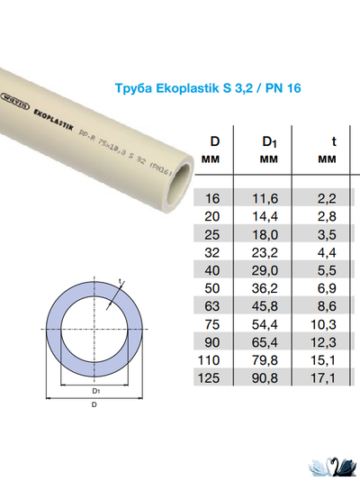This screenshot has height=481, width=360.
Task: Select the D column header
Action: point(215,141)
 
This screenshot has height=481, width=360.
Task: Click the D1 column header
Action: point(268,141)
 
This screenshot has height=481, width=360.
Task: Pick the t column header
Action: point(334,141)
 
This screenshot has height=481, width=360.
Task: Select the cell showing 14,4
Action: point(269,215)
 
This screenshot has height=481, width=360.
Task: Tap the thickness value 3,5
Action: point(334,233)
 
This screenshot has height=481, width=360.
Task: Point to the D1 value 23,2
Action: point(269,251)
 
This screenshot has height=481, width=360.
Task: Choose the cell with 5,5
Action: point(334,269)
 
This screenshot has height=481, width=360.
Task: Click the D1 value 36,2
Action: point(269,287)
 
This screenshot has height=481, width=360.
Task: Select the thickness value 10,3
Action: point(334,323)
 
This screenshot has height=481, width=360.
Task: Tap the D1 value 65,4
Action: point(269,341)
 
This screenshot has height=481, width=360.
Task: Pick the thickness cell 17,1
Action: point(334,377)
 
